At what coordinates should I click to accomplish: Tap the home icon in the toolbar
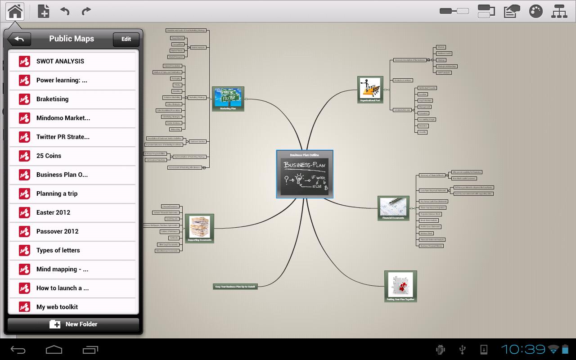point(15,11)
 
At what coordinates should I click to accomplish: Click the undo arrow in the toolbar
point(65,11)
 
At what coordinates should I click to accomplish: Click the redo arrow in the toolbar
point(86,11)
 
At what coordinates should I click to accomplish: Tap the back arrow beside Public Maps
point(19,39)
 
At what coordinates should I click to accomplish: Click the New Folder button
point(73,324)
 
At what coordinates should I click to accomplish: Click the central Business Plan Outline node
point(305,174)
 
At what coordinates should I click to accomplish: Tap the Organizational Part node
point(370,90)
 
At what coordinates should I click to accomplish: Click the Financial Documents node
point(393,208)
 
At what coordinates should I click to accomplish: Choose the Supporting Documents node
point(199,229)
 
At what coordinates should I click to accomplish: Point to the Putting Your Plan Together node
point(400,286)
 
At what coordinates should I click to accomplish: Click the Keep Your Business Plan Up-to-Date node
point(235,287)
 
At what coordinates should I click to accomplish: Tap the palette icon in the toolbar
point(535,11)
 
